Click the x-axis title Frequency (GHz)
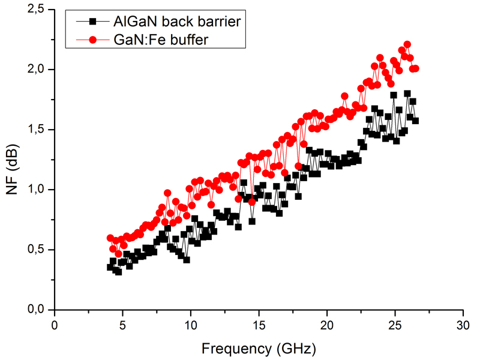click(x=258, y=347)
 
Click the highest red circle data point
click(x=407, y=44)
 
